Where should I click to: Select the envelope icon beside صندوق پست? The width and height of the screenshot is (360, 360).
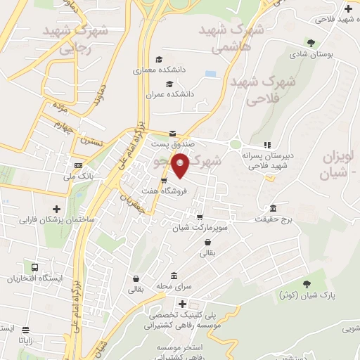tap(172, 134)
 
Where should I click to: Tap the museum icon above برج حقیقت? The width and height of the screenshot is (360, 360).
tap(273, 210)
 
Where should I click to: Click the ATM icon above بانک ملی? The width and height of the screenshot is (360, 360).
tap(78, 165)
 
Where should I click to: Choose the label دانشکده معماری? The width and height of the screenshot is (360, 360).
tap(159, 70)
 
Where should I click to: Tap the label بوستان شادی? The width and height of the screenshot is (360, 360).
tap(312, 54)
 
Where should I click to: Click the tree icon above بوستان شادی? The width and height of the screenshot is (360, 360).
tap(311, 43)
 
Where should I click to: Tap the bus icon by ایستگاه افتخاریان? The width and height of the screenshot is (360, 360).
tap(34, 267)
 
